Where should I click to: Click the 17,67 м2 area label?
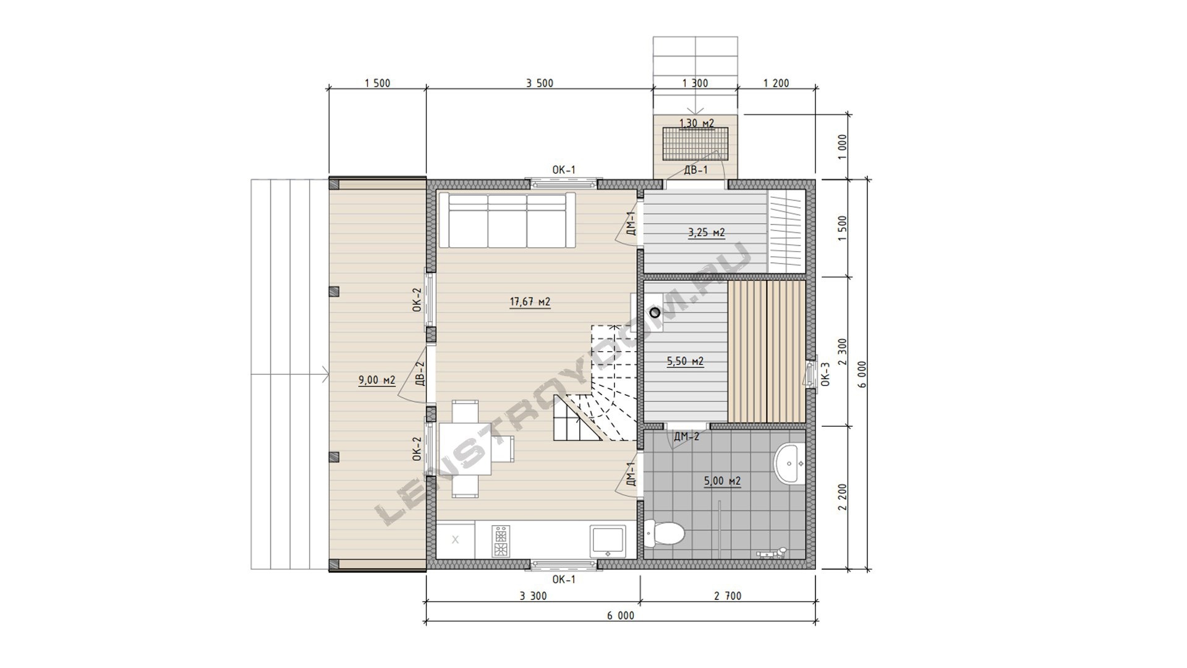[530, 302]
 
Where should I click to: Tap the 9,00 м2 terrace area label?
[377, 380]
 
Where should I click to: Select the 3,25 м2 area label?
[707, 233]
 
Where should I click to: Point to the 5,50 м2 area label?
[685, 361]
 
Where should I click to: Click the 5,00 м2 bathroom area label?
[722, 481]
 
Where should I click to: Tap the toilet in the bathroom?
[665, 532]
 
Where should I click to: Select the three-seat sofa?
[507, 220]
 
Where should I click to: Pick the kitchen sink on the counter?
[608, 541]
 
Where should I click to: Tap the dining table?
[465, 448]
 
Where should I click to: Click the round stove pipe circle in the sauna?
[655, 313]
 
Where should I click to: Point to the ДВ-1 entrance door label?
[696, 170]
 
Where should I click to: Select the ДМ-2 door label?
[687, 437]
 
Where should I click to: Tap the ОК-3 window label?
[825, 374]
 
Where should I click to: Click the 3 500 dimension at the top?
[540, 83]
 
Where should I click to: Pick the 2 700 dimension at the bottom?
[728, 596]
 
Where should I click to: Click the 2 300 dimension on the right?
[842, 351]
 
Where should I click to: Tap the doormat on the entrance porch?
[696, 144]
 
